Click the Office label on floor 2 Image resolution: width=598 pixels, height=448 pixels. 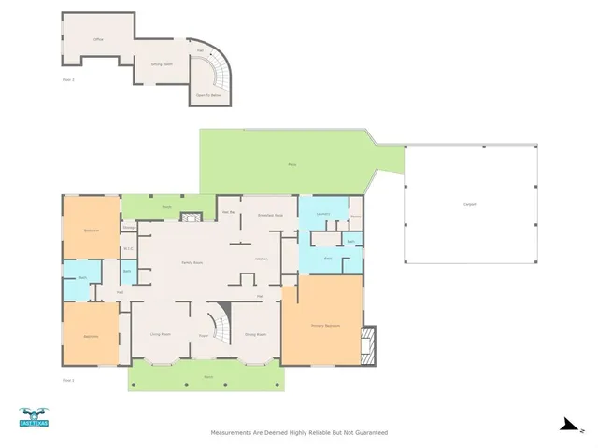(x=98, y=40)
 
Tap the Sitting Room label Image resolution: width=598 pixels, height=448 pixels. (x=162, y=63)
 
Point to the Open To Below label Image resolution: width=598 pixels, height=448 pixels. (x=208, y=94)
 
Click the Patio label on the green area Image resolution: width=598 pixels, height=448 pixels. (x=292, y=164)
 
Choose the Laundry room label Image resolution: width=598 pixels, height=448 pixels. (x=323, y=215)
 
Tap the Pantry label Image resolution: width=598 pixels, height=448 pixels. (x=356, y=217)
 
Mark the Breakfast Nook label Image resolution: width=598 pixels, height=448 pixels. (x=271, y=216)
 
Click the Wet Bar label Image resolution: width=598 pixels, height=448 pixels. (x=228, y=214)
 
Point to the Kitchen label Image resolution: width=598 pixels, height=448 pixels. (x=263, y=259)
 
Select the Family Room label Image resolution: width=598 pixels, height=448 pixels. (x=192, y=263)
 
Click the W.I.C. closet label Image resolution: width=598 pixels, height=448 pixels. (x=130, y=248)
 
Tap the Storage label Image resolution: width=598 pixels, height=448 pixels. (x=130, y=225)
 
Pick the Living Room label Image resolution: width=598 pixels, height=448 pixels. (x=161, y=333)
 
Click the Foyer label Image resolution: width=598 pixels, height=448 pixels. (x=203, y=335)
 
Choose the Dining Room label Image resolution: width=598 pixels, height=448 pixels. (x=255, y=333)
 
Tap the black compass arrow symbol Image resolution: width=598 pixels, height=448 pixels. (x=566, y=425)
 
